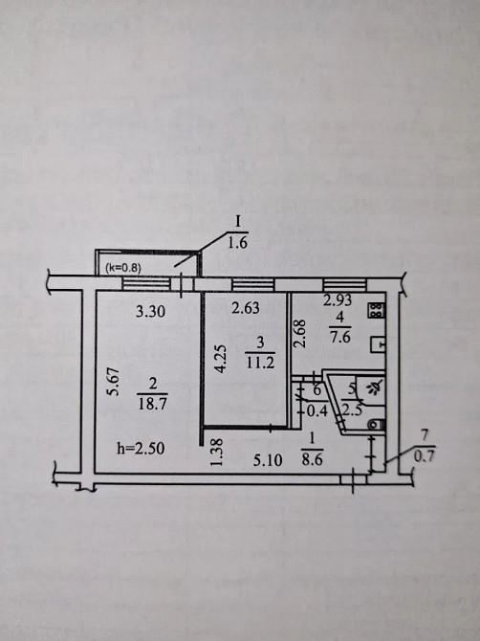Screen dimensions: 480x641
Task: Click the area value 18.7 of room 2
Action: [153, 405]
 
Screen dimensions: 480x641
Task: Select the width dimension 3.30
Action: [151, 312]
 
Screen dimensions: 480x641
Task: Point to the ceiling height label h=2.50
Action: [141, 449]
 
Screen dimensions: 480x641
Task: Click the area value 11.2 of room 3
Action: [260, 363]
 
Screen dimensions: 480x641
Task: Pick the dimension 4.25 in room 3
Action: [221, 359]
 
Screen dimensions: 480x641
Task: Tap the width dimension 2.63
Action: [246, 308]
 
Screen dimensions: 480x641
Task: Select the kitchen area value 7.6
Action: [339, 338]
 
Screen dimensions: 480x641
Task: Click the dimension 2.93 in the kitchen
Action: [338, 300]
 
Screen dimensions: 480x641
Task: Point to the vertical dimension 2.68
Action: [300, 334]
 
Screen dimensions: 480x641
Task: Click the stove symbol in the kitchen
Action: [378, 311]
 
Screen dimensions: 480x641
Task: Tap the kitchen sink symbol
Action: [378, 344]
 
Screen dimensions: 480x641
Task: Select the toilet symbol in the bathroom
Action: [376, 425]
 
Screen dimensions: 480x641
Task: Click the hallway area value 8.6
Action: [313, 459]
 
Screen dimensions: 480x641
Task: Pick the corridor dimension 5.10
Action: [268, 461]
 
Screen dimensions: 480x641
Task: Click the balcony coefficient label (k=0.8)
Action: [123, 268]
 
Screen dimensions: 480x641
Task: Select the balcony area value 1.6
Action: [237, 243]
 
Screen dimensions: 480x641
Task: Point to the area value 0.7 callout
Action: [424, 455]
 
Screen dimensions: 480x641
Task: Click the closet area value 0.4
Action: [317, 411]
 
